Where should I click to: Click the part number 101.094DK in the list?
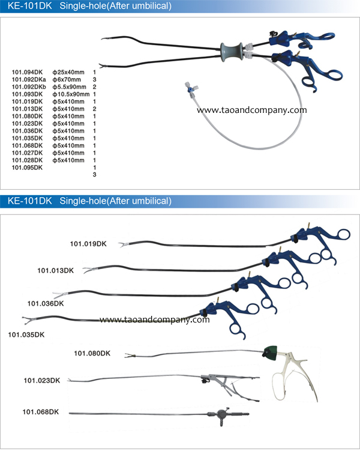click(27, 72)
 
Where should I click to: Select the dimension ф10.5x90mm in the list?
click(71, 94)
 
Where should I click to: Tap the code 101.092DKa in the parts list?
click(29, 80)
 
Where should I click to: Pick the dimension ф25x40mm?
click(68, 72)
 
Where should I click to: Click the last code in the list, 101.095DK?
click(27, 168)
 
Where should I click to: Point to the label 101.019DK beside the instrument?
click(88, 244)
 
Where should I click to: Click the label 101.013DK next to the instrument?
click(55, 271)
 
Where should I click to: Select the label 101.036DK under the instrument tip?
click(46, 303)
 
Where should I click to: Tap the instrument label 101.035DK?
click(26, 335)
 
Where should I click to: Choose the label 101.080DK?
click(92, 353)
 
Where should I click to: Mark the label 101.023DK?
click(42, 381)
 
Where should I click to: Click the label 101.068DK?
click(41, 412)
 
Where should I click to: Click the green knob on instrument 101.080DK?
click(270, 351)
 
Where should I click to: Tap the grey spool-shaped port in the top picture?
click(232, 52)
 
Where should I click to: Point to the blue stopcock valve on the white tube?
click(190, 89)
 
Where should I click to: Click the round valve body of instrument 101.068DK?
click(222, 414)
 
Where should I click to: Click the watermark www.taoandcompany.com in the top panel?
click(251, 110)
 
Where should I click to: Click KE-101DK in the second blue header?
click(30, 201)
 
